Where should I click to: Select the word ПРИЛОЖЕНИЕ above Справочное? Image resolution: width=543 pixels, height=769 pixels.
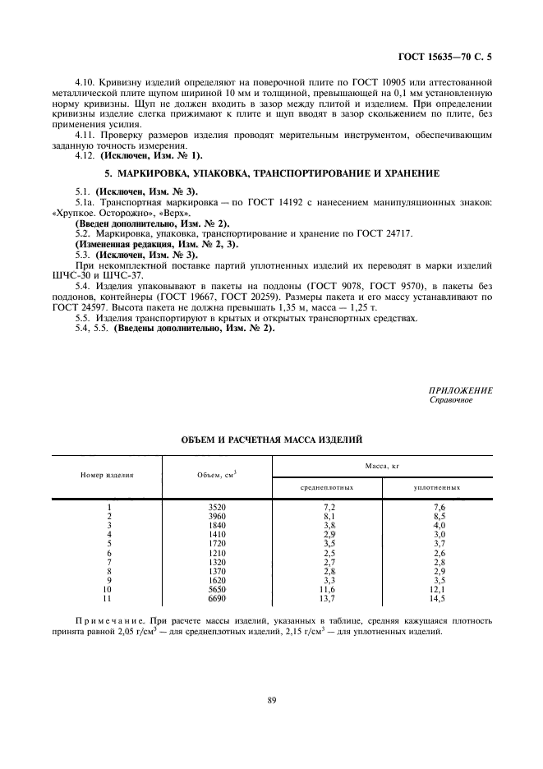[460, 391]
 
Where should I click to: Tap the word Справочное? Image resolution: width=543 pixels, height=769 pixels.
[451, 400]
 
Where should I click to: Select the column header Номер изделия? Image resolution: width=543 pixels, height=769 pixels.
[108, 476]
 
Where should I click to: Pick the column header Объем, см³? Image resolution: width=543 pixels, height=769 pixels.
[217, 476]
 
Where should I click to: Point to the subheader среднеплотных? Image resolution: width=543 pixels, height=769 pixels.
[327, 488]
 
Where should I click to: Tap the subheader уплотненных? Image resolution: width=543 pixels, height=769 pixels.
[437, 488]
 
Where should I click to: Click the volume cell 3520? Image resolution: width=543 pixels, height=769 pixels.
[217, 508]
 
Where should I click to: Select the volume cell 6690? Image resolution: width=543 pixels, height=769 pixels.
[217, 598]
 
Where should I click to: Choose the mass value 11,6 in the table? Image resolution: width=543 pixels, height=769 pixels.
[328, 589]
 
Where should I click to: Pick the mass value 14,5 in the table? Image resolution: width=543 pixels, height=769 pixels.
[438, 598]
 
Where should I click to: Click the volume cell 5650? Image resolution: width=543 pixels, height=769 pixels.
[217, 589]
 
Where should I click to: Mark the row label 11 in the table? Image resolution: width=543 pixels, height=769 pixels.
[108, 598]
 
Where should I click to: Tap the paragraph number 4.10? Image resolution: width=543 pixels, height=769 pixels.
[85, 82]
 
